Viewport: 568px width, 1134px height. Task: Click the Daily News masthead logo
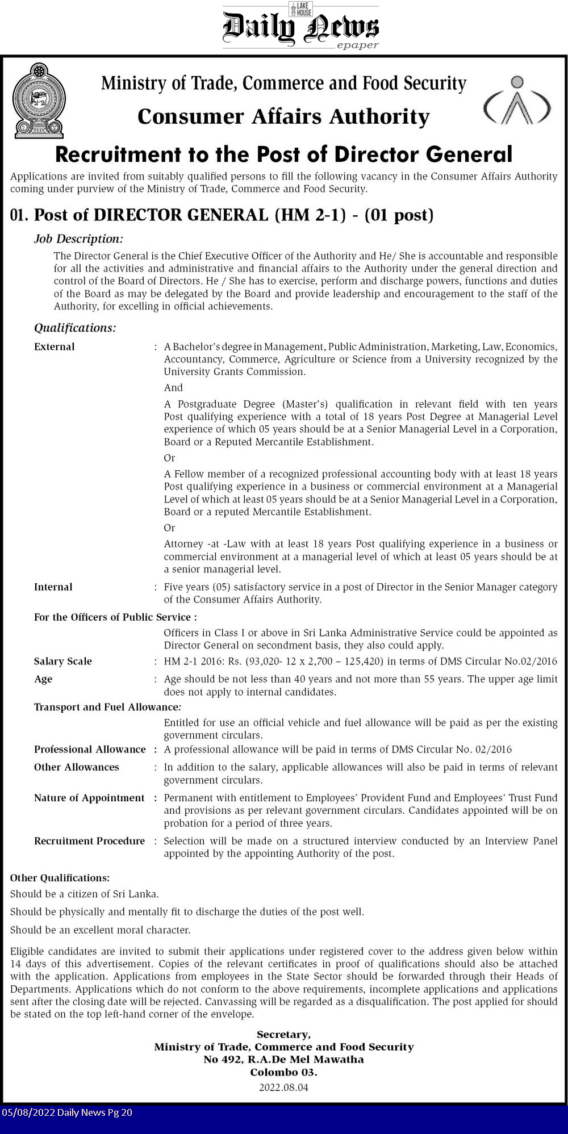(300, 27)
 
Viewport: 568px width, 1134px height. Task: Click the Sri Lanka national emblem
(39, 101)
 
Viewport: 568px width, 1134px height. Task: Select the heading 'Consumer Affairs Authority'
(283, 116)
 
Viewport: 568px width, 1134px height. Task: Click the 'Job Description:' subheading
(78, 238)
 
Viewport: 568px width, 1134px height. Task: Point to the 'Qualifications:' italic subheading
(75, 328)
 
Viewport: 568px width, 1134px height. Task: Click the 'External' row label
(55, 346)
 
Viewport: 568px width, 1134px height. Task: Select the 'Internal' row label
(53, 587)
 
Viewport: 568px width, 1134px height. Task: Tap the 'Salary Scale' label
(63, 661)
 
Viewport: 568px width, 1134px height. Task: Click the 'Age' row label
(43, 679)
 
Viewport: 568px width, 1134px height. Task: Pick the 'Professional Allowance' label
(90, 749)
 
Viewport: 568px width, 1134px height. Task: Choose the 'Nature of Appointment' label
(89, 798)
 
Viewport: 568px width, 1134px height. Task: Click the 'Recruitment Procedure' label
(89, 840)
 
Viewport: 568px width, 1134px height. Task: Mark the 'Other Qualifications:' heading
(60, 878)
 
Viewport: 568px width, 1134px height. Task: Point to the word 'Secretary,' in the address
(283, 1034)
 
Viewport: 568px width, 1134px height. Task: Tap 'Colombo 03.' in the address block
(283, 1072)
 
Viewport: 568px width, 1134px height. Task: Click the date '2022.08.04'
(283, 1087)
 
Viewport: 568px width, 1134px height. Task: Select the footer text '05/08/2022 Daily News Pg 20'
(67, 1112)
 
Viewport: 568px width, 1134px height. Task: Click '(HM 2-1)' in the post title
(310, 215)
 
